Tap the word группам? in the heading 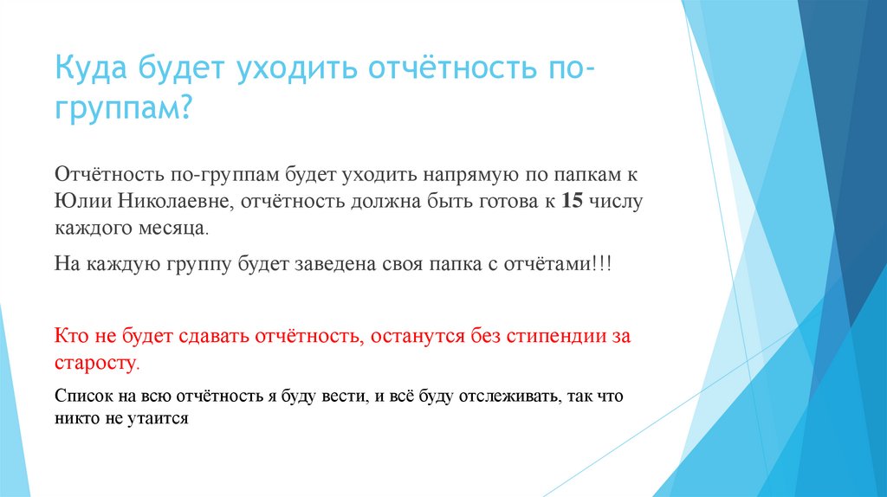tap(123, 109)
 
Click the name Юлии tap(80, 202)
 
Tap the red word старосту tap(95, 361)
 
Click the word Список tap(81, 397)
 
